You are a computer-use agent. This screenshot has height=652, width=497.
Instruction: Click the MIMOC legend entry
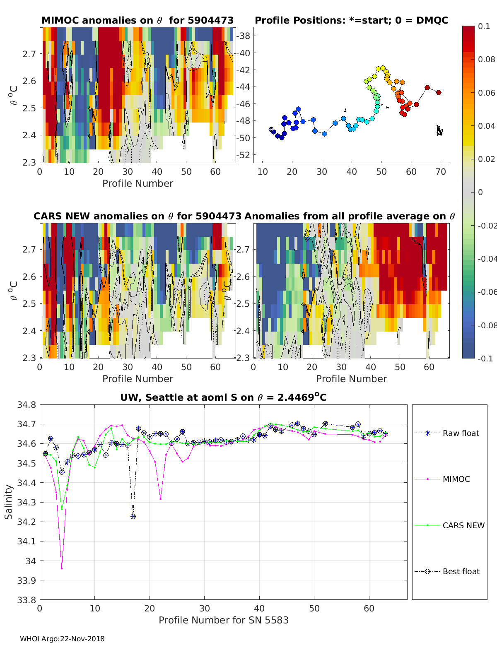(x=456, y=479)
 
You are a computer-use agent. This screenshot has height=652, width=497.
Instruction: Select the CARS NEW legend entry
(x=463, y=525)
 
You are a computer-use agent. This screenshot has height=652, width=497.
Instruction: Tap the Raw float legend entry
(x=461, y=433)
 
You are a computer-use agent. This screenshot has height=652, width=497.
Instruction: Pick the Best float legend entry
(x=461, y=572)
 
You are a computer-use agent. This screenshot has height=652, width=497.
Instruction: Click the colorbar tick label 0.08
(x=487, y=59)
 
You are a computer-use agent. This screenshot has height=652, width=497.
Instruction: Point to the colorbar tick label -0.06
(x=487, y=292)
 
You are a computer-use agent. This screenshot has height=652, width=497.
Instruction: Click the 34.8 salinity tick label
(x=27, y=405)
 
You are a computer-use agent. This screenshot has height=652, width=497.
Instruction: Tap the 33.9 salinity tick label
(x=27, y=580)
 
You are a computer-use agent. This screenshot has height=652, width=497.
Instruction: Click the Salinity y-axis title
(x=9, y=502)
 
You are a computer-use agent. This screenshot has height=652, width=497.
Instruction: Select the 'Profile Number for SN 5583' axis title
(x=224, y=620)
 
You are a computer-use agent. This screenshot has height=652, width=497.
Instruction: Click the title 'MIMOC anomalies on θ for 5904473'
(x=138, y=20)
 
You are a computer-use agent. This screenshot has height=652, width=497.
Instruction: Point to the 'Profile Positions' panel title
(x=351, y=20)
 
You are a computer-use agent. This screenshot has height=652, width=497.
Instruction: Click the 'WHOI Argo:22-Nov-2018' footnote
(x=62, y=639)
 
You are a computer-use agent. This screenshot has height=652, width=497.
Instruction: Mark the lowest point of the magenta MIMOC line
(x=62, y=568)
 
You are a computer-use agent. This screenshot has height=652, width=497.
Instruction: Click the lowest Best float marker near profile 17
(x=133, y=516)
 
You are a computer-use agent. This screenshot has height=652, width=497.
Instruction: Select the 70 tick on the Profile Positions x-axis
(x=441, y=172)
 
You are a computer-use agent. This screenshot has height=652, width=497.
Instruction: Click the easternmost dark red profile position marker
(x=439, y=92)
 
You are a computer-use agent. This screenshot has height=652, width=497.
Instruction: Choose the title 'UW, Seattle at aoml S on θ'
(x=223, y=397)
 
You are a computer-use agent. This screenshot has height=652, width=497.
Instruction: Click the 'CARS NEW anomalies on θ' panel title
(x=138, y=216)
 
